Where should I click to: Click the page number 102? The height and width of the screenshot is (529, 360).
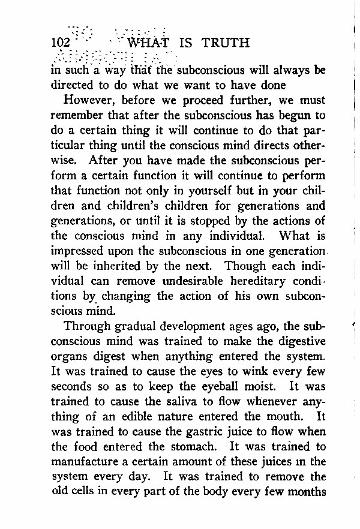[61, 43]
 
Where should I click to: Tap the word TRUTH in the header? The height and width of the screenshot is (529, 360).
[226, 43]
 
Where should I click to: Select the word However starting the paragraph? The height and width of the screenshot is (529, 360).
[90, 100]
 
